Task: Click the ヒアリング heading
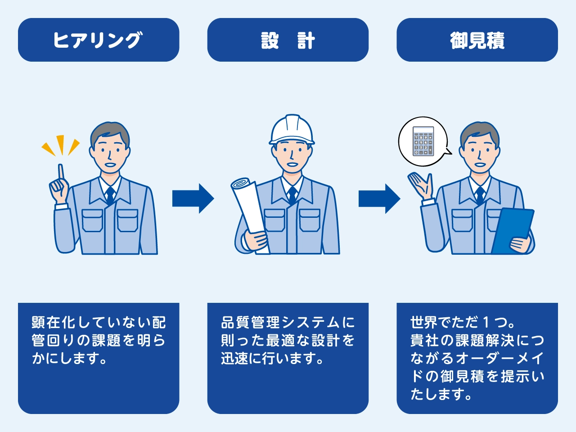(x=98, y=40)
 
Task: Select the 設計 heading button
(x=288, y=40)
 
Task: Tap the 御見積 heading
(x=477, y=40)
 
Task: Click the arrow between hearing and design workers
(x=193, y=198)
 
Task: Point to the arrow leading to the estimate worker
(x=379, y=198)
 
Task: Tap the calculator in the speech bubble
(x=423, y=141)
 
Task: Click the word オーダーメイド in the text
(x=499, y=359)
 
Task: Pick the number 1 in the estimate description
(x=486, y=323)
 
